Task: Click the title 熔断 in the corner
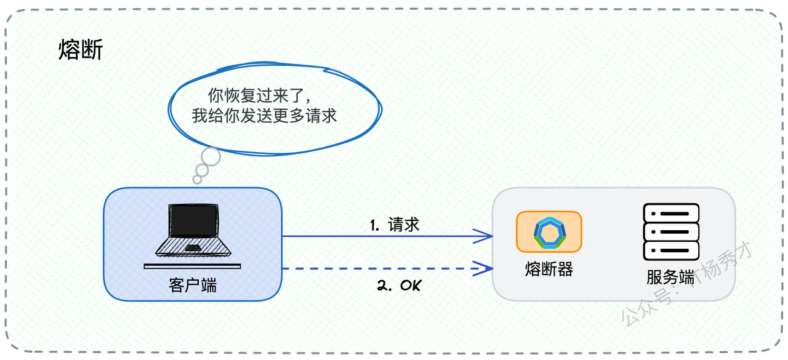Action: [x=81, y=50]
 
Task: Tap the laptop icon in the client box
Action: [x=193, y=230]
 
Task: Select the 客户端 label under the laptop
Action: [x=193, y=285]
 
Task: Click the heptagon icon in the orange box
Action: [x=550, y=233]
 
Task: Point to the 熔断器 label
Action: [x=549, y=270]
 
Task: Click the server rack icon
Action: [x=671, y=232]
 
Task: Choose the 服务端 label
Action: [x=670, y=278]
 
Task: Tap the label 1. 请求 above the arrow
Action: [x=395, y=225]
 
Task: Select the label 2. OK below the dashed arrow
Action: [x=400, y=285]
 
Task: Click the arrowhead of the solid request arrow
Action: [x=484, y=236]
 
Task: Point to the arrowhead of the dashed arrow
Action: [x=484, y=268]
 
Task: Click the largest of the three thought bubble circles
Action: [x=211, y=156]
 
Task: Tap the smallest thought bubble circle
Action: [x=198, y=180]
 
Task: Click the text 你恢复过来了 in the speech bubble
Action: [x=255, y=95]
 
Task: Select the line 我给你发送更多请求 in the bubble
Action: [x=264, y=116]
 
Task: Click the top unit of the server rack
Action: [x=671, y=213]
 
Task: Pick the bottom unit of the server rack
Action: [x=671, y=250]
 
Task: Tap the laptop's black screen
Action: [x=193, y=221]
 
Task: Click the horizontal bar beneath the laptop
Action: [x=193, y=266]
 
